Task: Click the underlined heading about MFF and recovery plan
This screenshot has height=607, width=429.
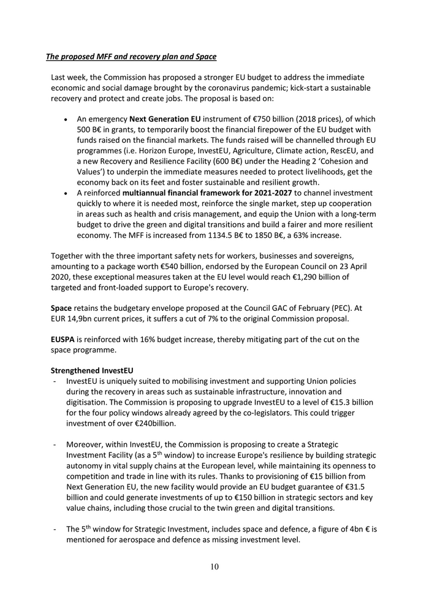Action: point(131,57)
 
